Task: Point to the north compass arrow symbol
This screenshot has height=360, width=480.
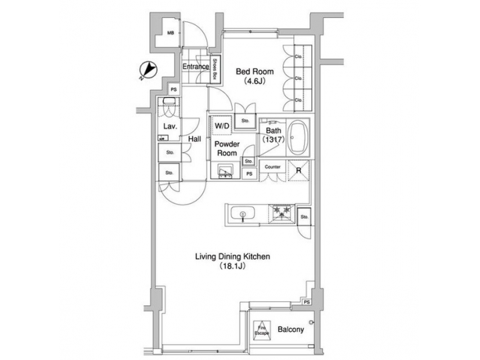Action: point(148,70)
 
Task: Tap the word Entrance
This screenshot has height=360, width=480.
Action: point(195,67)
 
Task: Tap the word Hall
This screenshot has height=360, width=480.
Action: point(195,139)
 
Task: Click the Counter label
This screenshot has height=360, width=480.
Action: point(272,167)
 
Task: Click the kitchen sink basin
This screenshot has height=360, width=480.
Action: point(243,214)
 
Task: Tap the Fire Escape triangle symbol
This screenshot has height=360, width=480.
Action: point(263,329)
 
